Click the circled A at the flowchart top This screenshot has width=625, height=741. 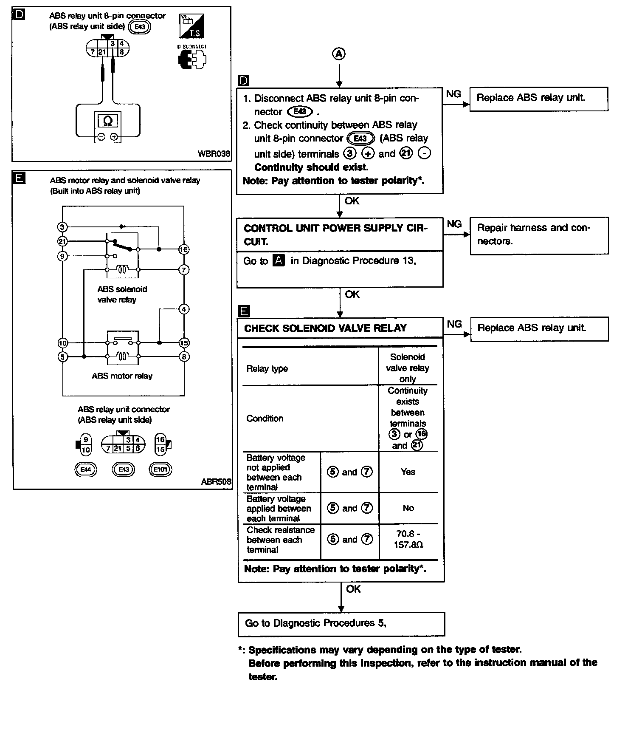pyautogui.click(x=339, y=54)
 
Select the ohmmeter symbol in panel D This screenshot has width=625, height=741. pyautogui.click(x=108, y=121)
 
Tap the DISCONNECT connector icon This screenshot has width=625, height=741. pyautogui.click(x=192, y=59)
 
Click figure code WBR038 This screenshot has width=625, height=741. pyautogui.click(x=214, y=153)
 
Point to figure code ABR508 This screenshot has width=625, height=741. pyautogui.click(x=216, y=482)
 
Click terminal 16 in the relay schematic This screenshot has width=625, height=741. pyautogui.click(x=183, y=249)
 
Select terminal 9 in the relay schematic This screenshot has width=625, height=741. pyautogui.click(x=62, y=256)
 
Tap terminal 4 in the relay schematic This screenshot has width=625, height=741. pyautogui.click(x=183, y=309)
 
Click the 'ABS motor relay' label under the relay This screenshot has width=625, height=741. pyautogui.click(x=122, y=376)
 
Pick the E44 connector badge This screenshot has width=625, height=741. pyautogui.click(x=85, y=469)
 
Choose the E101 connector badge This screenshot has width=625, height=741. pyautogui.click(x=160, y=469)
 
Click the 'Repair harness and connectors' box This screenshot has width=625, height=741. pyautogui.click(x=539, y=235)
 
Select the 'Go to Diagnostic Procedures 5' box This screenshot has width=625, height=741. pyautogui.click(x=341, y=624)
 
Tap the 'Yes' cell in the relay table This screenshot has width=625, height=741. pyautogui.click(x=408, y=472)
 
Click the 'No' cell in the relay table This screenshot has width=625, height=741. pyautogui.click(x=408, y=508)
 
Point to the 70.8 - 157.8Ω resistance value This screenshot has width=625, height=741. pyautogui.click(x=408, y=540)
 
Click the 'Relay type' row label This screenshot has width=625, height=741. pyautogui.click(x=267, y=368)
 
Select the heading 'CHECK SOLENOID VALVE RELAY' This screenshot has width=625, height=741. pyautogui.click(x=325, y=328)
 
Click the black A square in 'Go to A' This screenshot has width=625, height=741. pyautogui.click(x=279, y=260)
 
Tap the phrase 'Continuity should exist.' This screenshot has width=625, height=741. pyautogui.click(x=311, y=167)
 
